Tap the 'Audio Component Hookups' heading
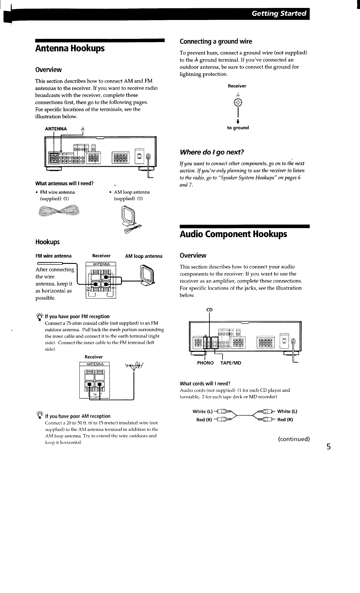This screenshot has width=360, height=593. coord(233,234)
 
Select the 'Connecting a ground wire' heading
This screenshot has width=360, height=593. coord(216,41)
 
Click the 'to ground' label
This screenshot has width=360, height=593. coord(238,128)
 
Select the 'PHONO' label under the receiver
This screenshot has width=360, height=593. coord(205,363)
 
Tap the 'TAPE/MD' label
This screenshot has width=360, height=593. coord(231,363)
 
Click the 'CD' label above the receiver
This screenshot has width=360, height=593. coord(209,310)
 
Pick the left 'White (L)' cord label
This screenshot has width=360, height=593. coord(203,411)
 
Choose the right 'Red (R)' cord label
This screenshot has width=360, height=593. coord(285,419)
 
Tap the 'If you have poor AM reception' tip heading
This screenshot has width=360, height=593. coord(78,416)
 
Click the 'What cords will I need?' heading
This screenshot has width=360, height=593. coord(205,384)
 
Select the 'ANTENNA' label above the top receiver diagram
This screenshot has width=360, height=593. coord(56,129)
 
